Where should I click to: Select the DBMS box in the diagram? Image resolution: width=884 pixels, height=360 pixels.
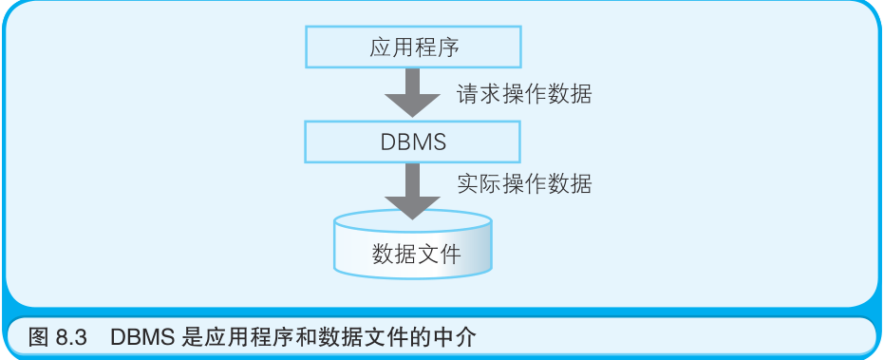click(412, 142)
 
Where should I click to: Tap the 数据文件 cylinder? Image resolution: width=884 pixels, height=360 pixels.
click(413, 249)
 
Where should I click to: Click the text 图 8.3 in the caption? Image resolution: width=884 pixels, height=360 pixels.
click(58, 336)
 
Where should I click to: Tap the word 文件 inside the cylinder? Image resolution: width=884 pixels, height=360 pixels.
click(439, 255)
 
